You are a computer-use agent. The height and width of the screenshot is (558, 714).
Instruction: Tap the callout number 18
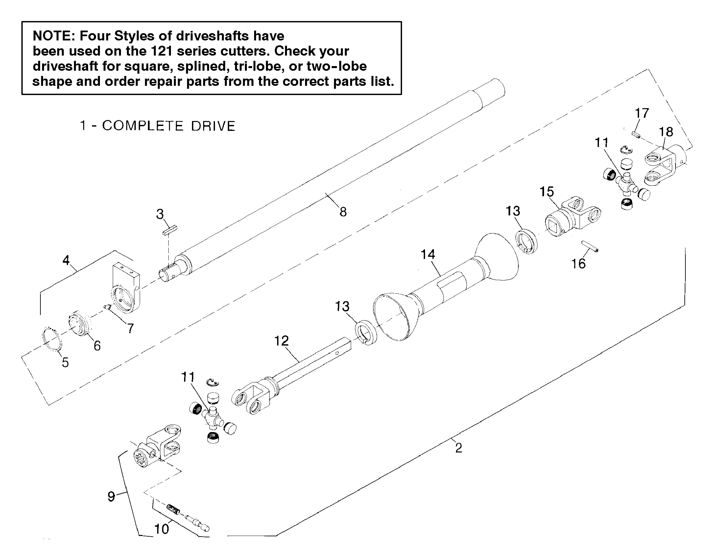coord(666,132)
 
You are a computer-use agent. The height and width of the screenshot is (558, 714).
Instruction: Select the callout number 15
coord(547,192)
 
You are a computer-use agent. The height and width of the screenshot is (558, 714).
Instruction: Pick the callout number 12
coord(282,341)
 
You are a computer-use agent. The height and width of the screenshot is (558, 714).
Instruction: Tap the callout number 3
coord(160,214)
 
